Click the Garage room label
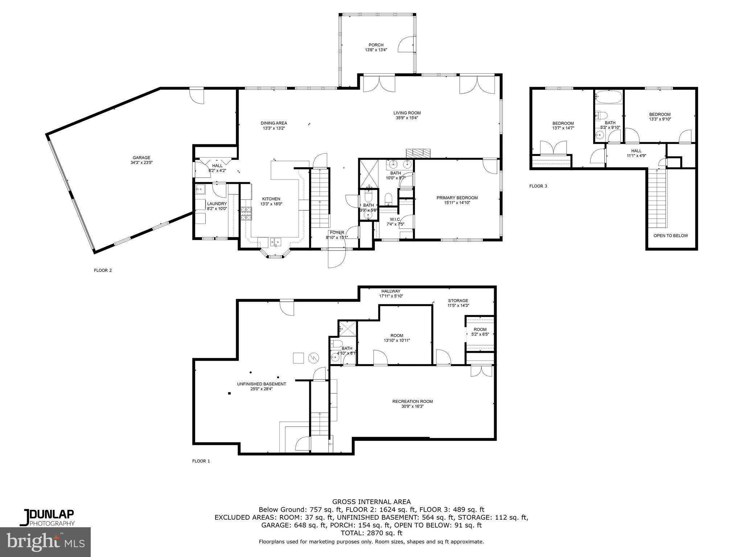pos(141,157)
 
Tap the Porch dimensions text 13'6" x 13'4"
pos(376,50)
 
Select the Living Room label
pos(407,113)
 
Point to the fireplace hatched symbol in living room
pos(417,153)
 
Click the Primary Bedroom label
pos(457,198)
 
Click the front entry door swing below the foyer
pos(336,258)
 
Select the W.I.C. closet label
pos(395,219)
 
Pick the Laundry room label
pos(217,204)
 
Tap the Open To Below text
pos(670,236)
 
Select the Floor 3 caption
pos(538,186)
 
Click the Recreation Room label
pos(412,401)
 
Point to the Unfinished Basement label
pos(261,384)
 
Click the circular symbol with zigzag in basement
pos(313,358)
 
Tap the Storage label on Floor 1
pos(458,301)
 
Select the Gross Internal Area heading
pos(371,502)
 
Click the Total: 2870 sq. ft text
pos(371,533)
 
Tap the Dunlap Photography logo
pos(47,517)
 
